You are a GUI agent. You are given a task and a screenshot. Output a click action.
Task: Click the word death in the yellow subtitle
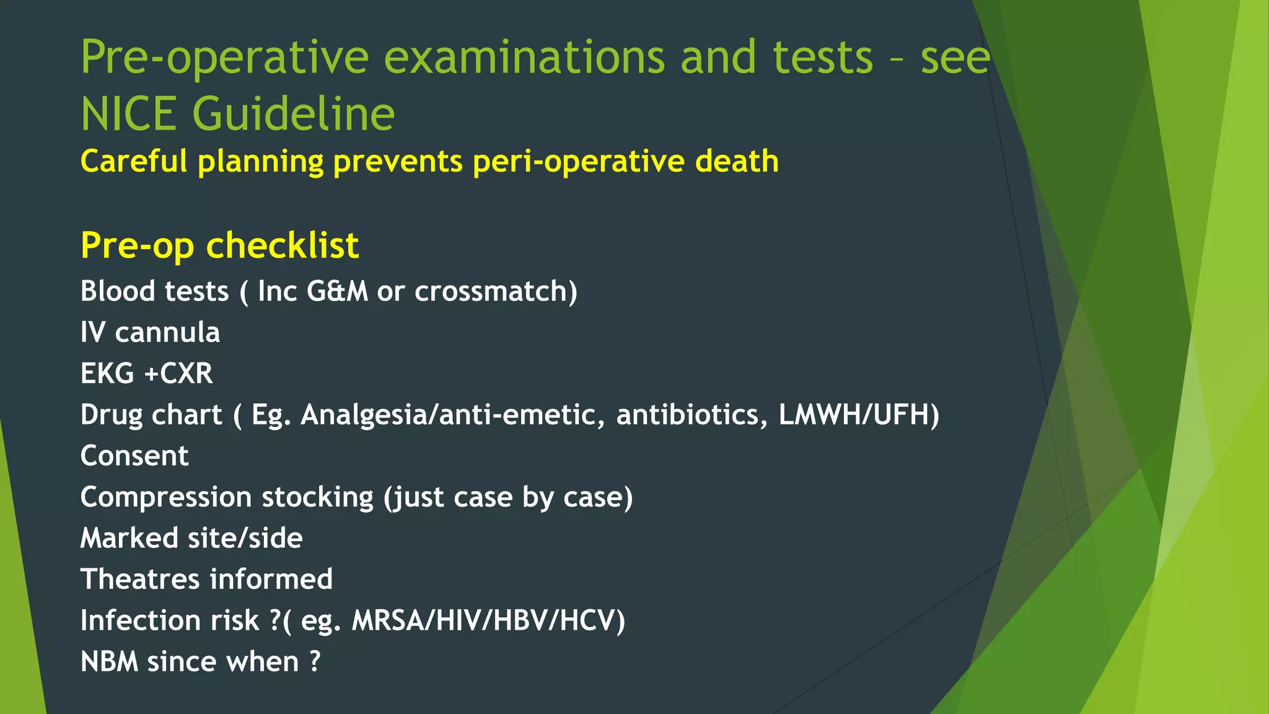(737, 161)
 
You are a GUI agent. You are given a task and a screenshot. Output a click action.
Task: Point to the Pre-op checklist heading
(219, 245)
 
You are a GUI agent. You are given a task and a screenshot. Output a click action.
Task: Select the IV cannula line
(150, 332)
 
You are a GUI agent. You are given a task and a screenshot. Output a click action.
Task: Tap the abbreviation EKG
(107, 374)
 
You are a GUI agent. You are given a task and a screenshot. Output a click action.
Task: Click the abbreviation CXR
(187, 374)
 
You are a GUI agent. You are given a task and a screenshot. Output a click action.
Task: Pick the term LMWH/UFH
(858, 415)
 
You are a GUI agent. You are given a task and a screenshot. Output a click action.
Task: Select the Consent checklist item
(134, 456)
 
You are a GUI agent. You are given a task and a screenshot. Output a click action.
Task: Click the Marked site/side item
(191, 538)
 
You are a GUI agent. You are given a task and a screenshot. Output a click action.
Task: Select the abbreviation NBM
(110, 661)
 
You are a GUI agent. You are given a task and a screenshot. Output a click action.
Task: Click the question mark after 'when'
(315, 661)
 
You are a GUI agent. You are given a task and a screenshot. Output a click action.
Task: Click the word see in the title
(955, 57)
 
